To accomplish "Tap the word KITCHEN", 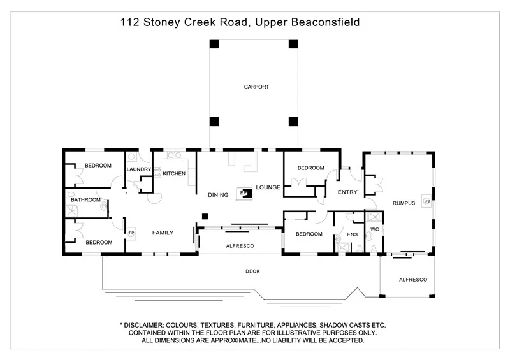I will (174, 173).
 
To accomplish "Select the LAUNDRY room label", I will (138, 169).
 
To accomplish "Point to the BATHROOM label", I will (85, 200).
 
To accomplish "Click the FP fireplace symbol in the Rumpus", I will (426, 202).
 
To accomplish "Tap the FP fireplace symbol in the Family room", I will (131, 233).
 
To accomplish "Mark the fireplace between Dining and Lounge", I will (243, 192).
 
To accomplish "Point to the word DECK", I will (252, 271).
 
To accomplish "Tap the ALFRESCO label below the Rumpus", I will (412, 280).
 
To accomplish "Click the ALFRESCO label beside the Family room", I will (240, 245).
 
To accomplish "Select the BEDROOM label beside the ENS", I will (309, 234).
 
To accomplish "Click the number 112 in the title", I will (130, 23).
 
